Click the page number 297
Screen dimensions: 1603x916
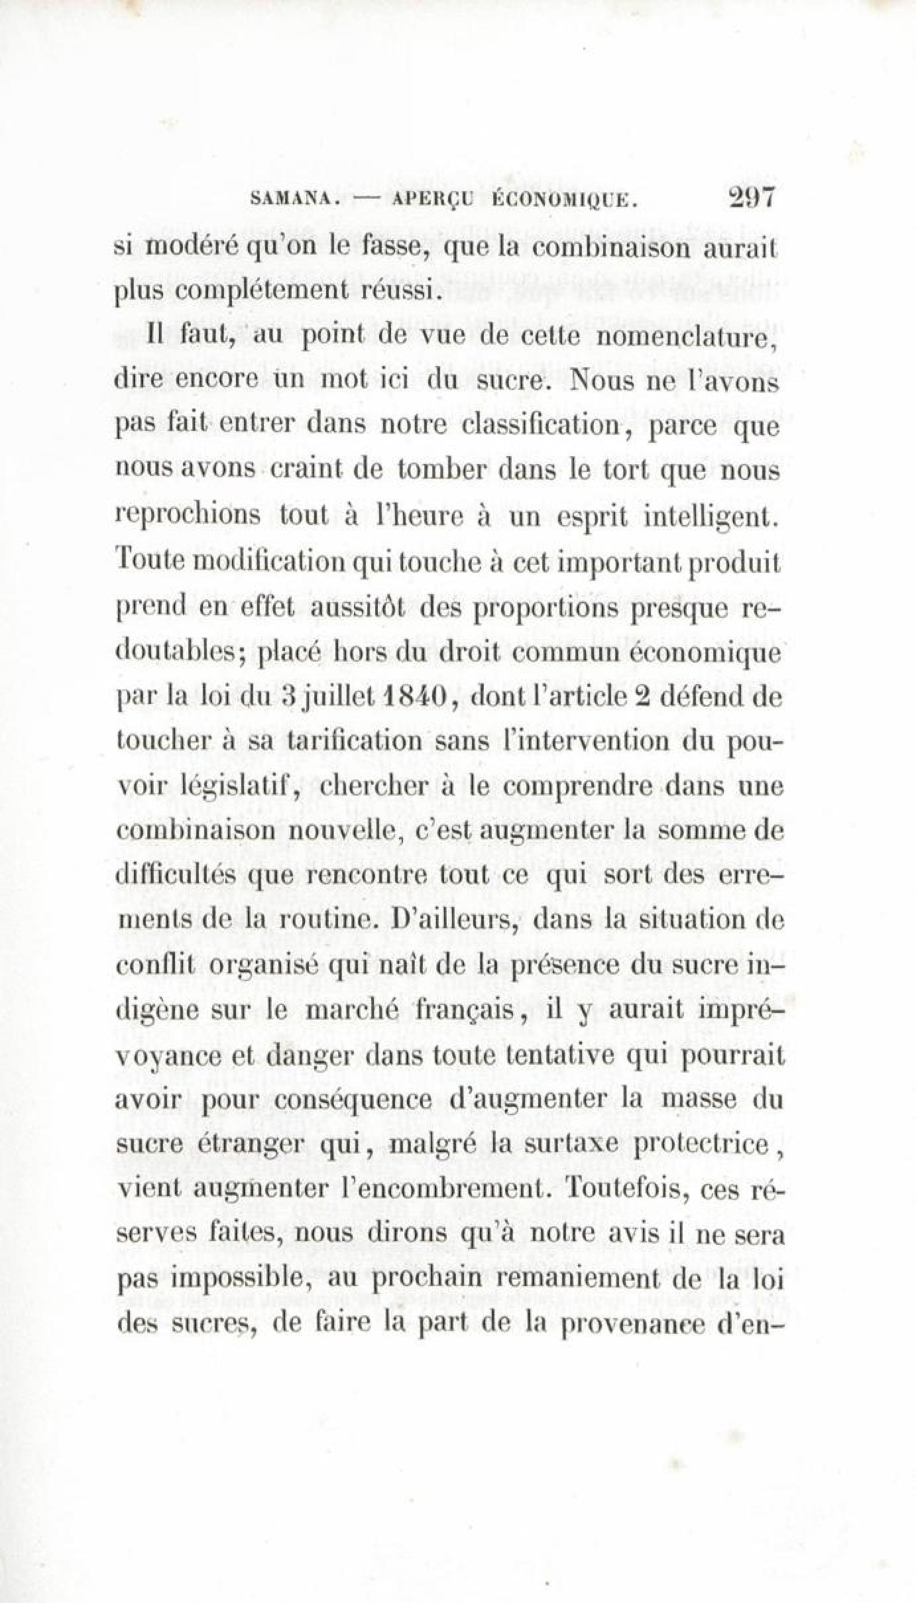[x=751, y=198]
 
